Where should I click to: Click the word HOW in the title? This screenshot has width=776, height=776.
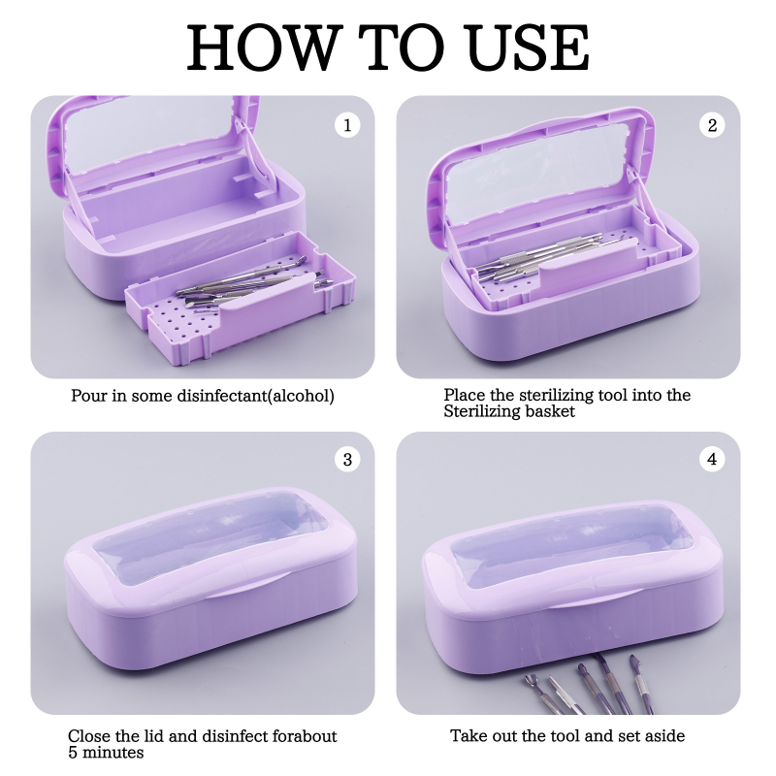[265, 48]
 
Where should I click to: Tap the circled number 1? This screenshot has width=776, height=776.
[347, 125]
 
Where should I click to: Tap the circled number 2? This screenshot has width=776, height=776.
[712, 125]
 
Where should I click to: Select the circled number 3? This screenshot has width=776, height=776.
[347, 459]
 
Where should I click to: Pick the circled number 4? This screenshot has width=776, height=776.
[712, 459]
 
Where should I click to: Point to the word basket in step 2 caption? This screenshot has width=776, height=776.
[550, 411]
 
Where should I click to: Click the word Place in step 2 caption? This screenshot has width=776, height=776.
[465, 395]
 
